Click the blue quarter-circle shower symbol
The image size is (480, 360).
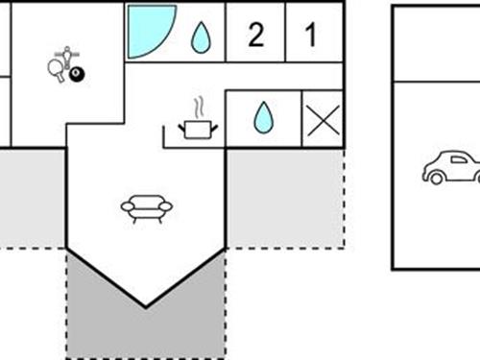(x=148, y=32)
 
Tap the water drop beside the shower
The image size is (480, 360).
(x=200, y=37)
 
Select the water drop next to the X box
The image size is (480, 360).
(x=262, y=118)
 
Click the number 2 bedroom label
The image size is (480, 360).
(x=255, y=36)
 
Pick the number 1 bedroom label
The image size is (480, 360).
(x=310, y=36)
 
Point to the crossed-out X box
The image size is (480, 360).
(x=323, y=119)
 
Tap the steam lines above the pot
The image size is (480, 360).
(x=199, y=106)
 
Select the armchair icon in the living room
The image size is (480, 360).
(x=146, y=207)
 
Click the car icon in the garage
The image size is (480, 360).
(x=450, y=167)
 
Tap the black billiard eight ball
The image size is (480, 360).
(x=75, y=73)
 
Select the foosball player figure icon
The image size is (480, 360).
(x=66, y=55)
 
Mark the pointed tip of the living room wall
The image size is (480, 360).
(x=146, y=307)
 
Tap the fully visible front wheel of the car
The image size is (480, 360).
(x=435, y=178)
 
